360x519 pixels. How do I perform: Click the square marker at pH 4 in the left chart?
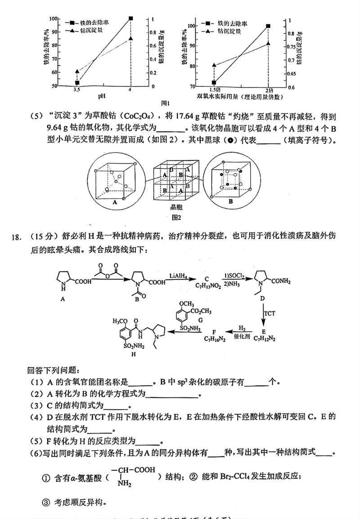coord(130,18)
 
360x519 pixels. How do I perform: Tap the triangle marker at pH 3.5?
coord(77,72)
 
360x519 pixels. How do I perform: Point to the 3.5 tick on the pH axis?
coord(77,90)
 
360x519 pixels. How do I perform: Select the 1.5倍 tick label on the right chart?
coord(215,90)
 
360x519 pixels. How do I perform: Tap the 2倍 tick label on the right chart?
coord(268,90)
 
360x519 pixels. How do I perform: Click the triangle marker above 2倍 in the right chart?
coord(268,43)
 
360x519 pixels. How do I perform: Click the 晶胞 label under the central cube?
coord(176,208)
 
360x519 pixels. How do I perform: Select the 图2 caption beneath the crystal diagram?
coord(176,217)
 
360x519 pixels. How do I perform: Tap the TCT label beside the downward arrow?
coord(270,312)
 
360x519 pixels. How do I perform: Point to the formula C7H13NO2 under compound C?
coord(207,286)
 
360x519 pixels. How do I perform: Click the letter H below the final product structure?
coord(133,355)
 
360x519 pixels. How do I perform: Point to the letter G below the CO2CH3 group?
coord(200,319)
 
